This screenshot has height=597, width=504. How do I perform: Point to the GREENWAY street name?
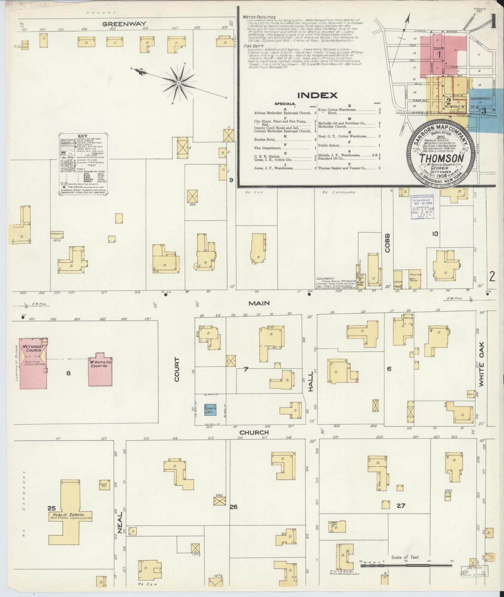pyautogui.click(x=124, y=24)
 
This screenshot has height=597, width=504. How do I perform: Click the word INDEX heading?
pyautogui.click(x=317, y=95)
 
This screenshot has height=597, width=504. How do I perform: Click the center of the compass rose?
pyautogui.click(x=178, y=83)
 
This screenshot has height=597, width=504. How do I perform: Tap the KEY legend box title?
pyautogui.click(x=82, y=136)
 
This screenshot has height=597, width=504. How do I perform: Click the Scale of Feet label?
pyautogui.click(x=406, y=557)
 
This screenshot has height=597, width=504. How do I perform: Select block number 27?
pyautogui.click(x=401, y=506)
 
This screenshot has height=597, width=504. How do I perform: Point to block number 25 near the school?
pyautogui.click(x=52, y=507)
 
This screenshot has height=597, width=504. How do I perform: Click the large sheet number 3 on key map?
pyautogui.click(x=484, y=110)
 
